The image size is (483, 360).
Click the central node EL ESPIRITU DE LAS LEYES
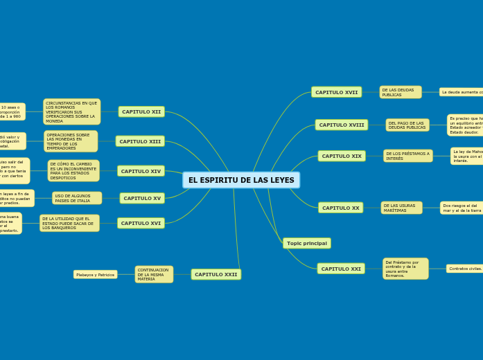241,180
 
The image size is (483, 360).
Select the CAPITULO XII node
141,111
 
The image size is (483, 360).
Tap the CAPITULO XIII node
140,141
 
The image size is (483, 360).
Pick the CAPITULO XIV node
141,171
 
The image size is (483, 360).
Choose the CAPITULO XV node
142,199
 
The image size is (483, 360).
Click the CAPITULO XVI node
141,223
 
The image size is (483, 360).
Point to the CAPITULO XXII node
216,274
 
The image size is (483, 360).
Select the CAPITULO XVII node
336,92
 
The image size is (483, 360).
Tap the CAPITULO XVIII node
341,125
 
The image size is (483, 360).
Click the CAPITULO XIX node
342,156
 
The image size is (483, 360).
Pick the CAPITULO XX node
340,208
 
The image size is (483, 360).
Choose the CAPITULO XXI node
340,269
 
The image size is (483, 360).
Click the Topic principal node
306,243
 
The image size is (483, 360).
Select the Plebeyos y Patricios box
95,275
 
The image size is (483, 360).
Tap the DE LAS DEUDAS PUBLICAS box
400,92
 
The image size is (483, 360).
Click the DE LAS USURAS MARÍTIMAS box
401,208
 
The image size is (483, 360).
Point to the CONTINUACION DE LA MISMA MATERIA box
154,274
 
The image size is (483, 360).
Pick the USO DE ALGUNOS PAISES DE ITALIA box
76,198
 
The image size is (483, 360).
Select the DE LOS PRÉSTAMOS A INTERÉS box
407,156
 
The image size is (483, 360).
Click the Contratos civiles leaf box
464,269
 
